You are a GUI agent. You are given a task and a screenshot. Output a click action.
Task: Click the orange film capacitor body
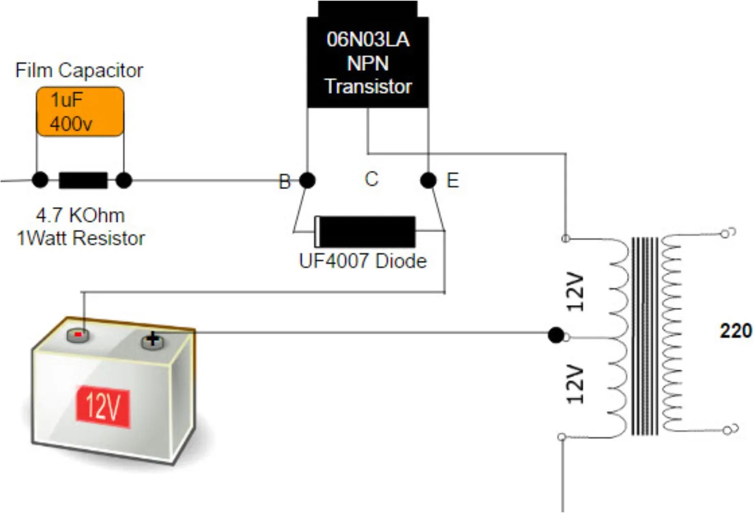click(80, 112)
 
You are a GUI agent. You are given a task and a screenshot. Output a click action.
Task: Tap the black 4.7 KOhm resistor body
click(83, 180)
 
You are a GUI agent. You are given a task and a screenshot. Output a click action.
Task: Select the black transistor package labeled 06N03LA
click(368, 61)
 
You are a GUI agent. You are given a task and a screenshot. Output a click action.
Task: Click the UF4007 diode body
click(365, 232)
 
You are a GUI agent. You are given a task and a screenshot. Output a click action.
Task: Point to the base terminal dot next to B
click(307, 180)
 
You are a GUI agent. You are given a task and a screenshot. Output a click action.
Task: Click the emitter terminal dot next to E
click(429, 180)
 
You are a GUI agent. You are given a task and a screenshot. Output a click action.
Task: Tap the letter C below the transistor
click(371, 179)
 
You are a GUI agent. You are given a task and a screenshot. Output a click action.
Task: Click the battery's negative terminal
click(78, 335)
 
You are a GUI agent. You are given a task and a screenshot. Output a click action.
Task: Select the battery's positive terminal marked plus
click(152, 340)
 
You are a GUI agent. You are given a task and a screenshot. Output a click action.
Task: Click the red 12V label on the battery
click(103, 406)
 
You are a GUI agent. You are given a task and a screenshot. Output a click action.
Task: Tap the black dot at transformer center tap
click(556, 335)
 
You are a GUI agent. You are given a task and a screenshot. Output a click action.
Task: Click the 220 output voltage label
click(735, 331)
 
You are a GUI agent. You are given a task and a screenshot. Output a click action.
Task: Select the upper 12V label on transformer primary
click(575, 292)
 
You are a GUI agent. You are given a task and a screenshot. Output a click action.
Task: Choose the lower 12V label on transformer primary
click(575, 383)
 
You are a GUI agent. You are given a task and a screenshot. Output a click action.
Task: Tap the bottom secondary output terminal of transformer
click(727, 430)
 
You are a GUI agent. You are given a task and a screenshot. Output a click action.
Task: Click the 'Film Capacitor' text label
click(79, 70)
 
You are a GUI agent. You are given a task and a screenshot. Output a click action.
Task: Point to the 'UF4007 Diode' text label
click(363, 261)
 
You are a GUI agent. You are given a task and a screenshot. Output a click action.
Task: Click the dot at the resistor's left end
click(40, 180)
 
